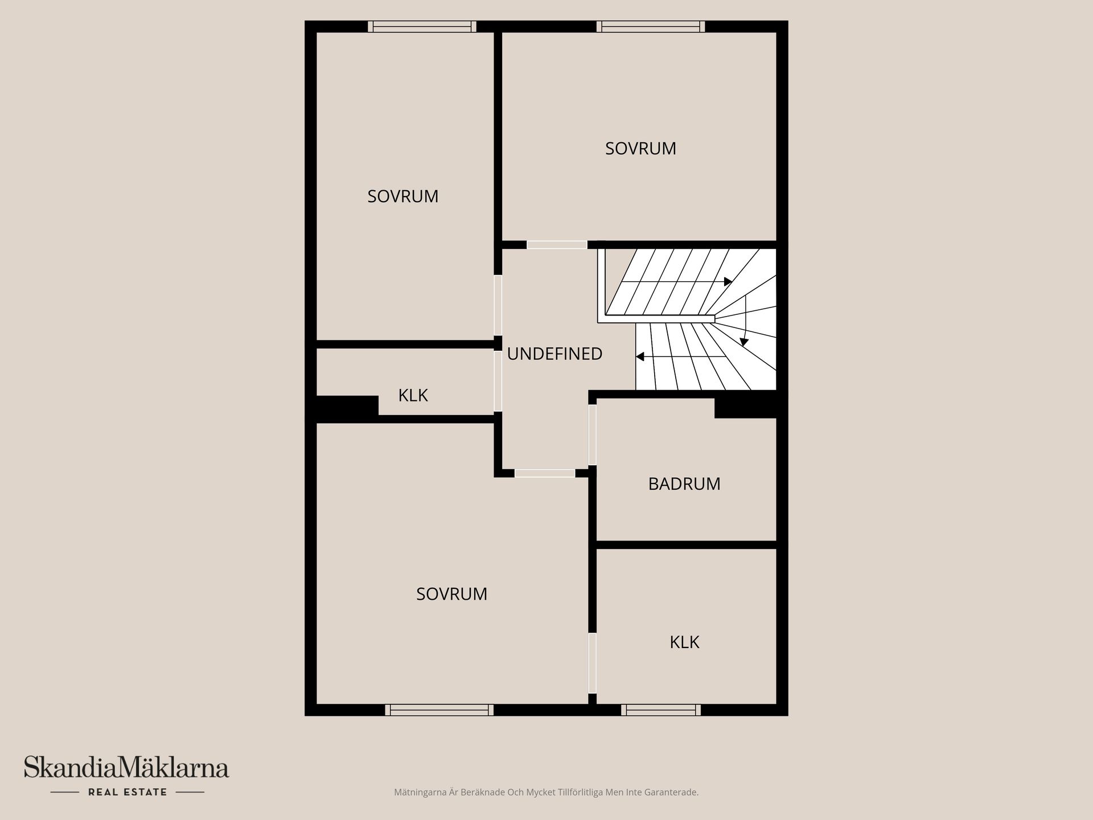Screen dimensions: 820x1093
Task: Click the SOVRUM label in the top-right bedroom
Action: (640, 149)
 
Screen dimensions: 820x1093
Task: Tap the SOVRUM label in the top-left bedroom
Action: (402, 196)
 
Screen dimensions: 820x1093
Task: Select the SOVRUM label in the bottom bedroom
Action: (451, 594)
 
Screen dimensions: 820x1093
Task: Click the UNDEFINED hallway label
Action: (554, 354)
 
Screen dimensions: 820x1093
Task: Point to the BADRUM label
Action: (684, 484)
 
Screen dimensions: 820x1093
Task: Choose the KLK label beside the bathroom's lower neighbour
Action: (684, 642)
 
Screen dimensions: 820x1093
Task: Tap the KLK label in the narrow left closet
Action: (413, 395)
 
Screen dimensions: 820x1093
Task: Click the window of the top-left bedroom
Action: (422, 26)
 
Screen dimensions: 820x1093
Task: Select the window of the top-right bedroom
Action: (651, 26)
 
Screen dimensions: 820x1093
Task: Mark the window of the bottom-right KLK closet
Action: (661, 710)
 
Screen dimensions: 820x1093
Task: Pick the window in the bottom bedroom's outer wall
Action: (439, 710)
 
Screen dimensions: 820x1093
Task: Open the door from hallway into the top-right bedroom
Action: (557, 245)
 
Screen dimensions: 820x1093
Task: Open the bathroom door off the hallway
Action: (592, 434)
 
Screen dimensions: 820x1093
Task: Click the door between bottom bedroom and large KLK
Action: (592, 663)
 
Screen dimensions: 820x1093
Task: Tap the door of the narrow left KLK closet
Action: (498, 381)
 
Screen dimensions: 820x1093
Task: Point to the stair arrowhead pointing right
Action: (728, 281)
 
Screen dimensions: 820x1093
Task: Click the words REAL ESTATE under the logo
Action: (128, 792)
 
